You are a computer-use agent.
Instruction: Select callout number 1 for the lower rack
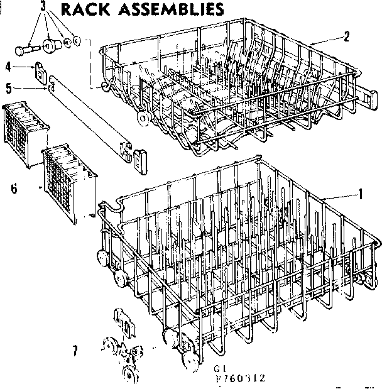click(360, 195)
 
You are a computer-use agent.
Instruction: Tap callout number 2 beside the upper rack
click(346, 36)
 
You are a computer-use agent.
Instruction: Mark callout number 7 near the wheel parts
click(75, 351)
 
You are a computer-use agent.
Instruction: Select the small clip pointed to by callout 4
click(41, 70)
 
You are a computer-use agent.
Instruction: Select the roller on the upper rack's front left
click(145, 118)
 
